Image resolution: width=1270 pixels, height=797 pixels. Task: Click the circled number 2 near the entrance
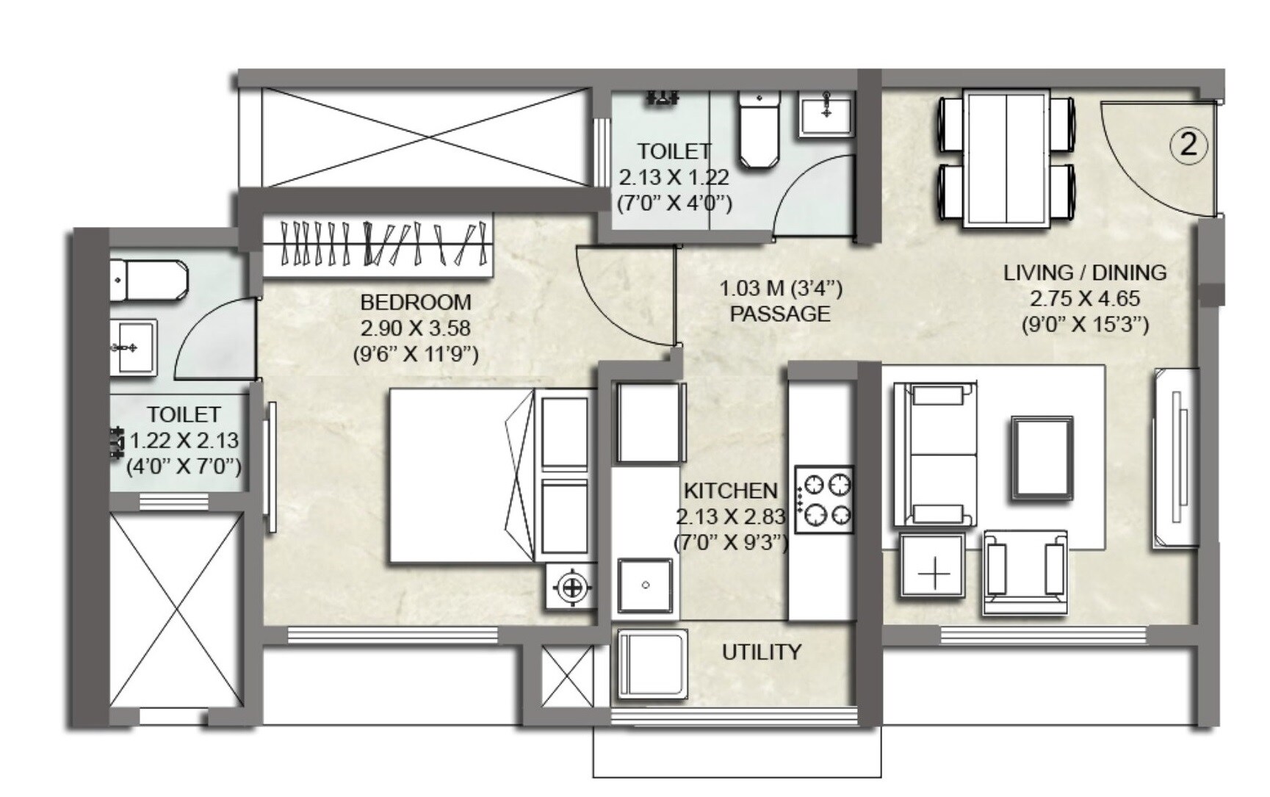coord(1188,144)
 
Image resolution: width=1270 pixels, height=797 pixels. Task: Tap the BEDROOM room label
coord(415,302)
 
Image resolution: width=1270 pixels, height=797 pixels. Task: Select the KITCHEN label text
coord(730,491)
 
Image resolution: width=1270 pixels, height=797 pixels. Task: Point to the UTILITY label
coord(761,652)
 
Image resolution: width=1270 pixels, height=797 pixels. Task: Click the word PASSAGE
coord(779,314)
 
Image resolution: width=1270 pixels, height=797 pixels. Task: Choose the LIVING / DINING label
coord(1085,273)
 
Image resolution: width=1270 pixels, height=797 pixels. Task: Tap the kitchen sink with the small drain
coord(645,585)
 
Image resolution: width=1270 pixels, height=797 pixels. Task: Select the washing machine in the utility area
coord(651,665)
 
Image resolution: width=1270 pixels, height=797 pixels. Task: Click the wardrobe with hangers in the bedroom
coord(377,245)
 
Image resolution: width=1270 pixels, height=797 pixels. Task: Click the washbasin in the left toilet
coord(133,347)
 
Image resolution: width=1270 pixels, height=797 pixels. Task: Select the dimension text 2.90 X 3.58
coord(415,328)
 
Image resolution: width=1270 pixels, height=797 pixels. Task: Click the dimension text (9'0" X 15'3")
coord(1085,325)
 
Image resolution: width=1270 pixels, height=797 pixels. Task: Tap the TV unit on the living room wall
coord(1175,458)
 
